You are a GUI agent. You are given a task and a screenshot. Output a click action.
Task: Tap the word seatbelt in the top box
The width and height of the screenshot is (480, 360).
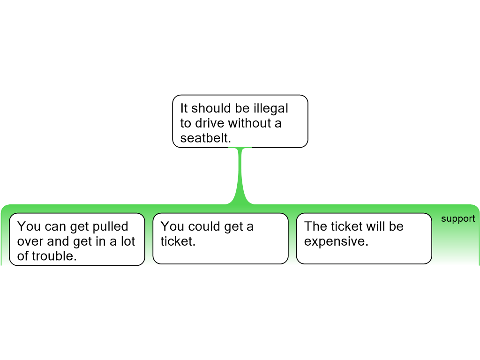[205, 138]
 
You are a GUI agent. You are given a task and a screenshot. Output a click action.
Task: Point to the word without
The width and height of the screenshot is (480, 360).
[249, 123]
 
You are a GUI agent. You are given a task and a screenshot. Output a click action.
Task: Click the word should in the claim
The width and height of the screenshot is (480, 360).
[211, 108]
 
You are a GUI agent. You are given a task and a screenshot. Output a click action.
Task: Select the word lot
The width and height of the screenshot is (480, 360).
[127, 241]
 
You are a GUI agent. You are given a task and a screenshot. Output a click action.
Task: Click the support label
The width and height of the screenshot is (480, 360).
[458, 219]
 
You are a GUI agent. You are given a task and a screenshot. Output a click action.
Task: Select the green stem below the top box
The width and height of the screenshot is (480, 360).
[240, 176]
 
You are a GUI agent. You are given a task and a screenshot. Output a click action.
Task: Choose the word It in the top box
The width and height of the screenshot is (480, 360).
[184, 108]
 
